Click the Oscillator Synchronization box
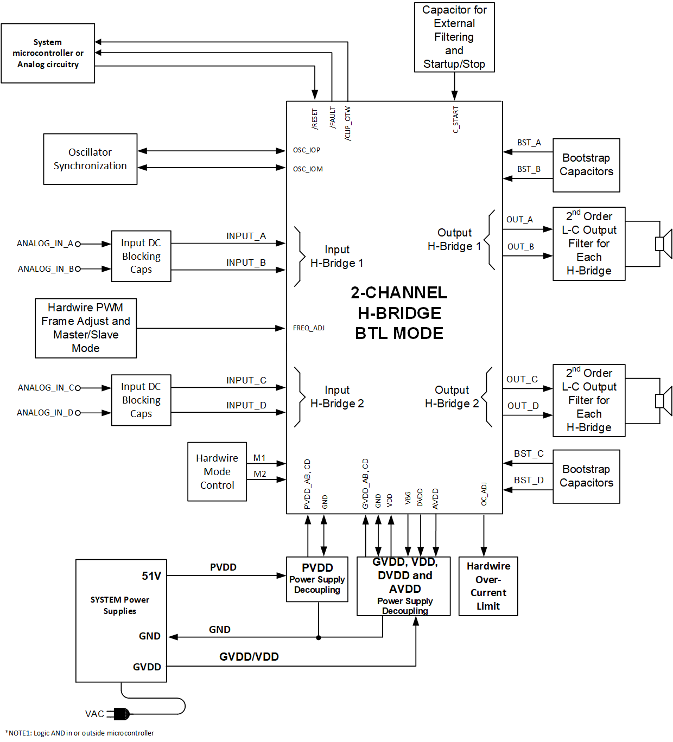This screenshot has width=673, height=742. point(90,159)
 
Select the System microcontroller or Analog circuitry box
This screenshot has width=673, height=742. point(48,53)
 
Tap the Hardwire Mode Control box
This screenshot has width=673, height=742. point(217,471)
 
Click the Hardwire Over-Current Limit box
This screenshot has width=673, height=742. point(488,586)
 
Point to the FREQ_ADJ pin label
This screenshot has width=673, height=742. point(308,328)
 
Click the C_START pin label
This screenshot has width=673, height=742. point(456,120)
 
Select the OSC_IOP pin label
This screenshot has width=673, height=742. point(307,150)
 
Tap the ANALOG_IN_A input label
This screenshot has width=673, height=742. point(45,244)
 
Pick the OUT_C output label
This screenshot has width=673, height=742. point(522,379)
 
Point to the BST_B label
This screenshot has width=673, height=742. point(528,169)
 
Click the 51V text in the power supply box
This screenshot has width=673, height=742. point(151,576)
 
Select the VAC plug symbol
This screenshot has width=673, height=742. point(119,714)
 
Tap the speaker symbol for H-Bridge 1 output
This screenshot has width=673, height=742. point(663,244)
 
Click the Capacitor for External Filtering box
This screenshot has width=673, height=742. point(454,37)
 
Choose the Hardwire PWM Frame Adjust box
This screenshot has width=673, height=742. point(86,328)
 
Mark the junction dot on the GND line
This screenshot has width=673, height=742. point(319,637)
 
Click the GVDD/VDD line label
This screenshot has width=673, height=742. point(249,657)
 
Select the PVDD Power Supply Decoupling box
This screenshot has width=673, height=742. point(317,579)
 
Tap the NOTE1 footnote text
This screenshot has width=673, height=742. point(80,733)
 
